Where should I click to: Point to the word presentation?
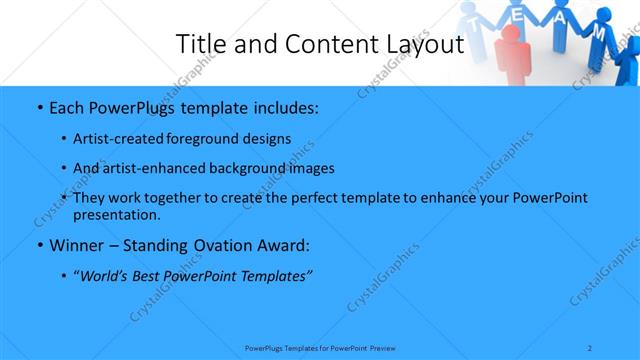(116, 214)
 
